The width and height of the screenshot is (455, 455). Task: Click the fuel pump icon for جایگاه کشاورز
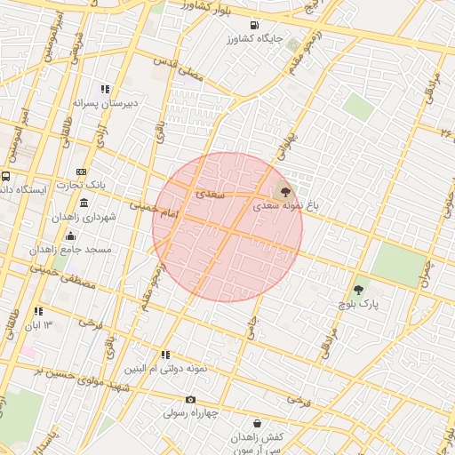coord(255,25)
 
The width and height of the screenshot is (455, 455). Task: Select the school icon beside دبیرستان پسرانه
coord(105,89)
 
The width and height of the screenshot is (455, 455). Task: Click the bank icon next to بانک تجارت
coord(82,172)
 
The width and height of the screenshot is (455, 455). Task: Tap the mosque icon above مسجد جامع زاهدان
coord(71,235)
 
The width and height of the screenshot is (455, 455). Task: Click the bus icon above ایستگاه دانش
coord(6,176)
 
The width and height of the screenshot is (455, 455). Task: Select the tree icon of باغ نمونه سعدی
coord(284,190)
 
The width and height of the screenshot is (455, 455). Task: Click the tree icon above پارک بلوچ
coord(358,290)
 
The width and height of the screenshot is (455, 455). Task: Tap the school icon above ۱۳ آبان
coord(38,311)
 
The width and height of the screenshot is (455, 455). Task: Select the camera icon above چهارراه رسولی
coord(190,400)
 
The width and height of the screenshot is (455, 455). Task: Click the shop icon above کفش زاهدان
coord(258,424)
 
